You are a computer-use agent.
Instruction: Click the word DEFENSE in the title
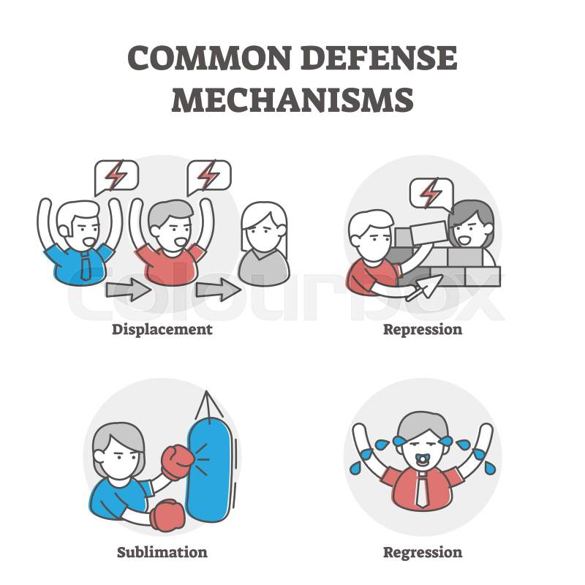click(x=379, y=58)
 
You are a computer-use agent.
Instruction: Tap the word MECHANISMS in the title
click(x=292, y=100)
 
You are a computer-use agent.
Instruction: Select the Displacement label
click(x=162, y=330)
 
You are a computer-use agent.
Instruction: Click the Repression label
click(x=423, y=330)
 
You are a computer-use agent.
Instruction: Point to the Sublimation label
click(x=162, y=552)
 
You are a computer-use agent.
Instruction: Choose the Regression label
click(x=423, y=553)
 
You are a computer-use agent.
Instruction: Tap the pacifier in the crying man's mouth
click(x=423, y=460)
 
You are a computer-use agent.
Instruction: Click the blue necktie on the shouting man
click(x=86, y=265)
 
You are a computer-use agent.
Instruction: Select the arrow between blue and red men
click(x=129, y=290)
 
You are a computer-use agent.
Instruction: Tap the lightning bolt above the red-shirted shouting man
click(x=208, y=175)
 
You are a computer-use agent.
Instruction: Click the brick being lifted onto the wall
click(x=429, y=232)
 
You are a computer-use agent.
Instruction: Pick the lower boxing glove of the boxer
click(x=167, y=516)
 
